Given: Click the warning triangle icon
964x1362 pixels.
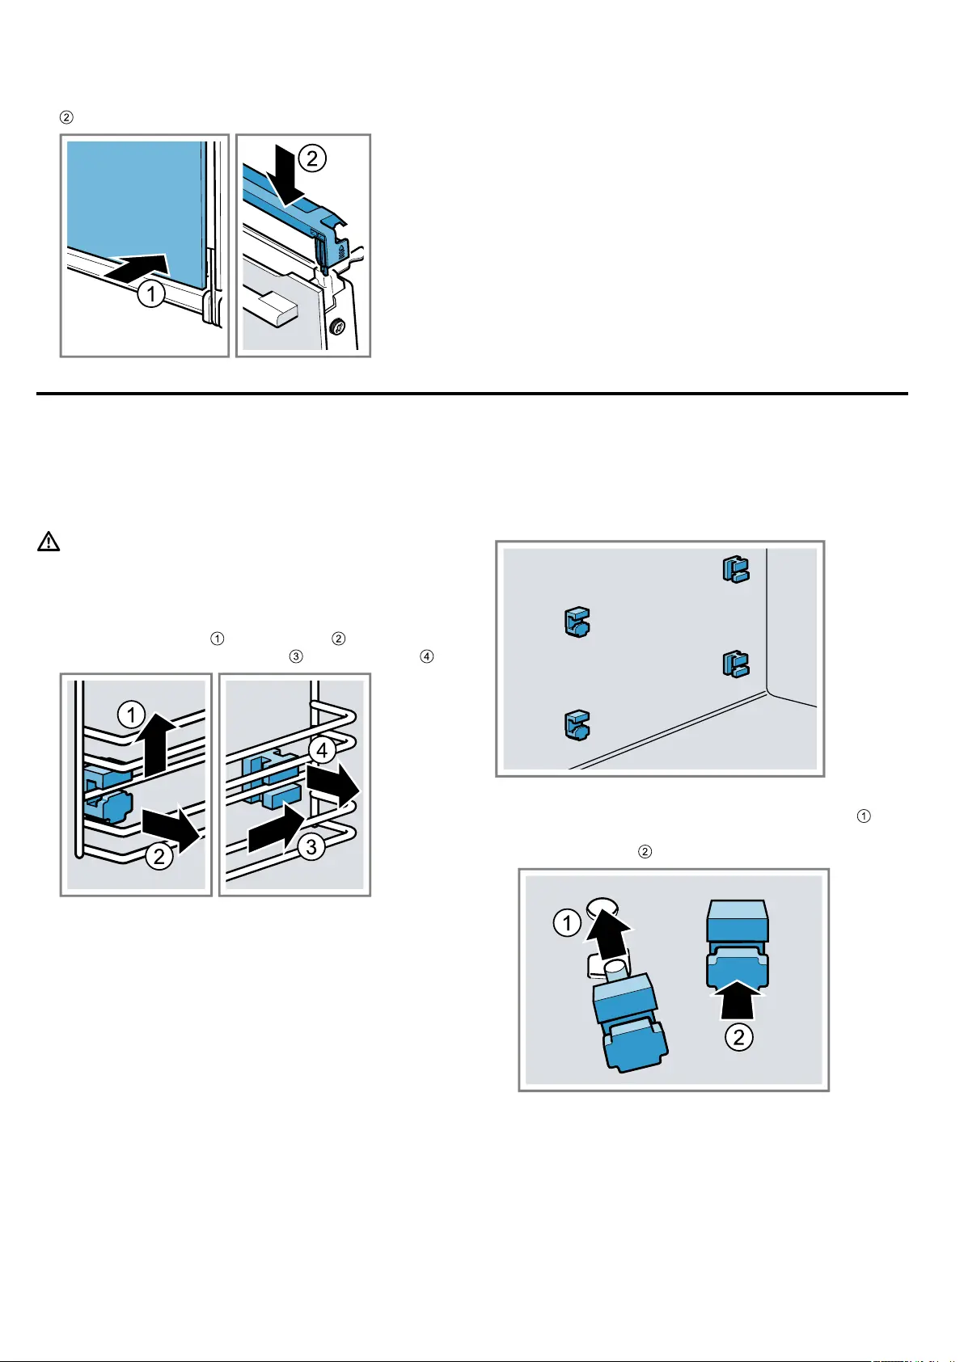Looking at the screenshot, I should click(49, 542).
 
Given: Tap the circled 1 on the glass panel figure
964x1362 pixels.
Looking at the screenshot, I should click(150, 293).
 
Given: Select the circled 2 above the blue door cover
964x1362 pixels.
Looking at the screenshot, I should click(311, 158).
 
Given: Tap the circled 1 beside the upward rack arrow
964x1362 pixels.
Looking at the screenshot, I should click(131, 715).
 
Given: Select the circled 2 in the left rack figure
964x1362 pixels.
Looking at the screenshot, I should click(159, 855).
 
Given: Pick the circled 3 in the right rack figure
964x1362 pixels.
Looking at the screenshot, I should click(311, 846).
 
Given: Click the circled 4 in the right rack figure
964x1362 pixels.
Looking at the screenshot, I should click(322, 750).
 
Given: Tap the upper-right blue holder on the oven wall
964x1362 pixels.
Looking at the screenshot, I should click(735, 570).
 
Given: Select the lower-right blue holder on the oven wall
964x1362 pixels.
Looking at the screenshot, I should click(735, 664).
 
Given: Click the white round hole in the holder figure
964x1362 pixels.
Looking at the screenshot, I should click(602, 906).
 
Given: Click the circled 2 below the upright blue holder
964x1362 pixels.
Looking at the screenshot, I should click(738, 1036).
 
